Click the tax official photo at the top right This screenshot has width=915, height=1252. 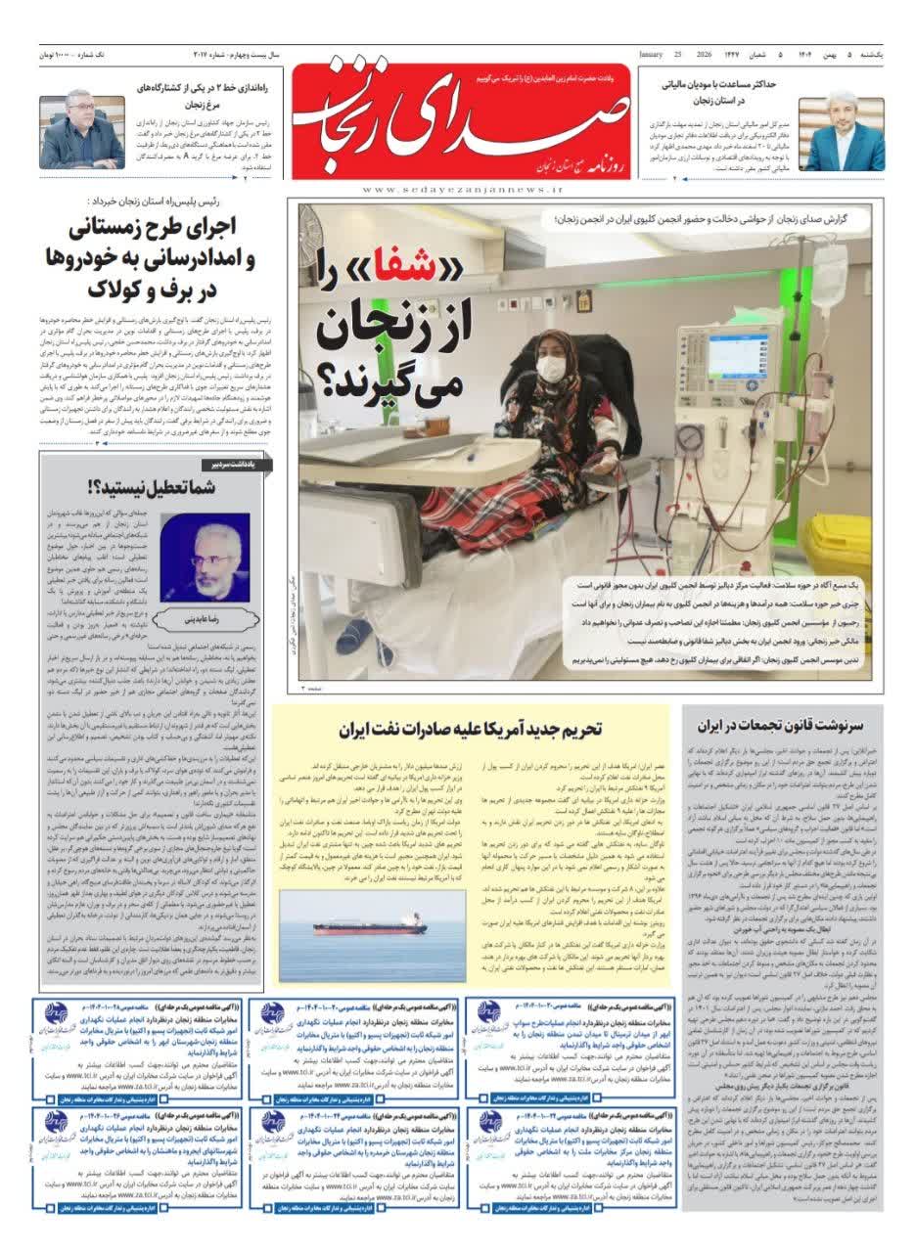click(842, 134)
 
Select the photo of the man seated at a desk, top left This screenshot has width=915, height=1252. click(82, 129)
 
